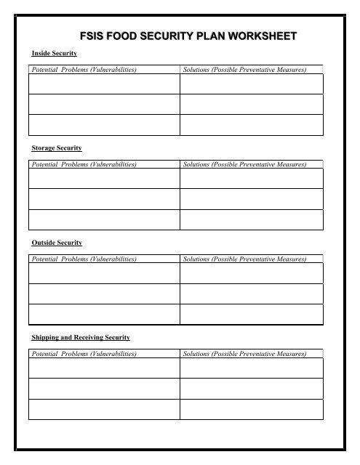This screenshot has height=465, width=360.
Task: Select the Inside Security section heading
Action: coord(49,54)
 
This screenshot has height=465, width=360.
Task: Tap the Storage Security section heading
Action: coord(55,148)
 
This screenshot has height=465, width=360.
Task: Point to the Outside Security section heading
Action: coord(56,243)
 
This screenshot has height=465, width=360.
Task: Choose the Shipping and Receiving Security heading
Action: coord(80,338)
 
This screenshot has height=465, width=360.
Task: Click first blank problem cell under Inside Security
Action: coord(103,84)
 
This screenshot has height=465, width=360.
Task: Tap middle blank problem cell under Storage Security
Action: coord(103,199)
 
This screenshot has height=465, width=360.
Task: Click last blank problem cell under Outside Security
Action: coord(103,314)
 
